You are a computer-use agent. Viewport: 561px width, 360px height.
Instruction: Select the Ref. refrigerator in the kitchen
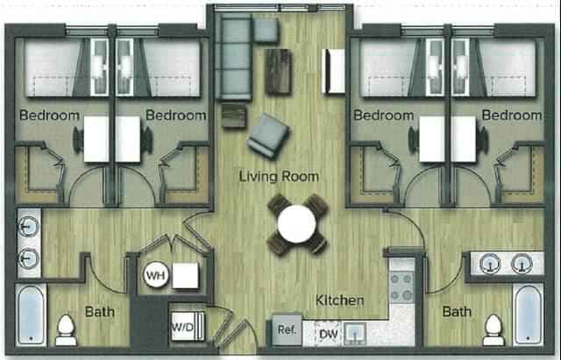(x=287, y=330)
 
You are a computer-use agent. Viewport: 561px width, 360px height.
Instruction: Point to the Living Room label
(x=279, y=176)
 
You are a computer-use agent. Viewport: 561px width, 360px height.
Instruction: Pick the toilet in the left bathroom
(x=66, y=329)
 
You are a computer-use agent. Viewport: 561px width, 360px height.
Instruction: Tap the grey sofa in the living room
(x=235, y=57)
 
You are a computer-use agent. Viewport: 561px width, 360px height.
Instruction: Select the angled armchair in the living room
(x=268, y=137)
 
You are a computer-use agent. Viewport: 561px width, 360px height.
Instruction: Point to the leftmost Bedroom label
(x=49, y=115)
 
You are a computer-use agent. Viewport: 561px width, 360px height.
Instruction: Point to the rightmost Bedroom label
(x=511, y=115)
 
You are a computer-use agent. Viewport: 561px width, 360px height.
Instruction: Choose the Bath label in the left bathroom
(x=99, y=311)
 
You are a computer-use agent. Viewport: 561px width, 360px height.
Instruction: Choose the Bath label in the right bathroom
(x=457, y=311)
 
